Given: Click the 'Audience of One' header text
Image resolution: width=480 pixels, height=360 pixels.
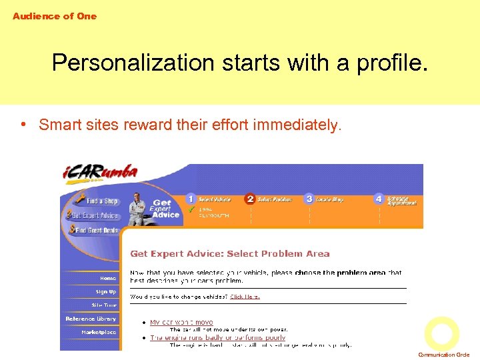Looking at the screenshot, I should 55,16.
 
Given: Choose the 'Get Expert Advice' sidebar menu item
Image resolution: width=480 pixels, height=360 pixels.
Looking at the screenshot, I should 94,215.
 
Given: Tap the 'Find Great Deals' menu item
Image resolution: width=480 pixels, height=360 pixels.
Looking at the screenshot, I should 96,230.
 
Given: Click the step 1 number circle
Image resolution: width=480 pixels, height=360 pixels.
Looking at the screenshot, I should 191,199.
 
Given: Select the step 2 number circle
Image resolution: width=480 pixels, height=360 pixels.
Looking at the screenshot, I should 250,199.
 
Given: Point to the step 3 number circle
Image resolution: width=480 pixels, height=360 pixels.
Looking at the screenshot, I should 309,199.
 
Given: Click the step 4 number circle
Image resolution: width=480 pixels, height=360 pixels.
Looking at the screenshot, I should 379,199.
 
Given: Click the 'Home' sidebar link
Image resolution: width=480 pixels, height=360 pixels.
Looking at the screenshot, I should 107,278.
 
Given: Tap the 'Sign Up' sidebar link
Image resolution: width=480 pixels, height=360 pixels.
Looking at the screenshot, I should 105,291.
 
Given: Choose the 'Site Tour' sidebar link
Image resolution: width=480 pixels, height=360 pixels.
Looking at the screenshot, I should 104,305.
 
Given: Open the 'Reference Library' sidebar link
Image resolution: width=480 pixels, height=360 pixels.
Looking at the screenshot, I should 91,319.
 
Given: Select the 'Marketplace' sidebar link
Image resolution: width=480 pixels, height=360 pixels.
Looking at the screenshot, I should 99,332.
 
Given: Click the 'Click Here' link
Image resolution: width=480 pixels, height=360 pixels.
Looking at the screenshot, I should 245,297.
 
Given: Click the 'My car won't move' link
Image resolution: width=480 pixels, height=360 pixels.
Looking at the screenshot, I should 181,322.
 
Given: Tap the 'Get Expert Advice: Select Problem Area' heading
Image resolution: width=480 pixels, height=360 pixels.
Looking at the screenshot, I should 229,253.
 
